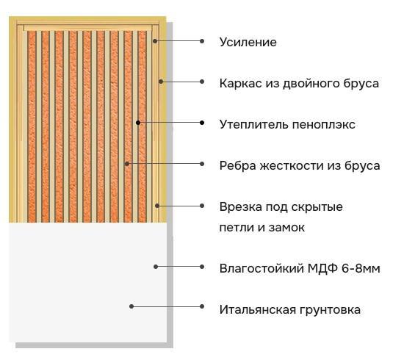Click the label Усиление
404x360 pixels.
pyautogui.click(x=248, y=43)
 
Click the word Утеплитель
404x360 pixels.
pyautogui.click(x=254, y=124)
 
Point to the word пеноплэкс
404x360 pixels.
pyautogui.click(x=324, y=125)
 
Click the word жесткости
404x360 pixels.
pyautogui.click(x=292, y=166)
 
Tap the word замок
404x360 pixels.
pyautogui.click(x=286, y=228)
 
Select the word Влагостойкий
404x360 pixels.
pyautogui.click(x=261, y=268)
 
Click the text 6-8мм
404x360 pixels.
pyautogui.click(x=361, y=268)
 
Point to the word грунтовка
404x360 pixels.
pyautogui.click(x=330, y=310)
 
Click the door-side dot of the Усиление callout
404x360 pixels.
pyautogui.click(x=155, y=41)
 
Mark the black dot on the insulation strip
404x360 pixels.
pyautogui.click(x=138, y=123)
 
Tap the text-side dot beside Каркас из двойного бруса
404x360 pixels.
pyautogui.click(x=202, y=82)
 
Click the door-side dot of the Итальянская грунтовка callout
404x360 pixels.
pyautogui.click(x=131, y=306)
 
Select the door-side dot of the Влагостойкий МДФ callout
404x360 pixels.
pyautogui.click(x=156, y=267)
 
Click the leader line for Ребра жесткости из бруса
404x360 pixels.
pyautogui.click(x=165, y=164)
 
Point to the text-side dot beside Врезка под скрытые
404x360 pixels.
pyautogui.click(x=202, y=206)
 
